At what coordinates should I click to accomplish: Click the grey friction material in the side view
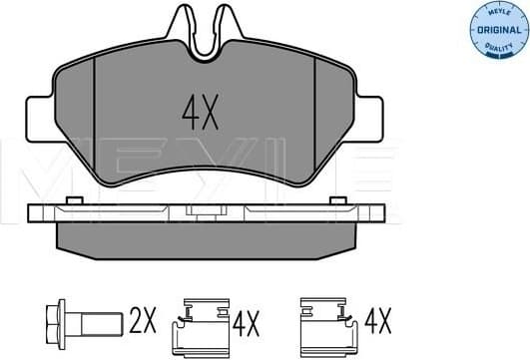200,236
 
